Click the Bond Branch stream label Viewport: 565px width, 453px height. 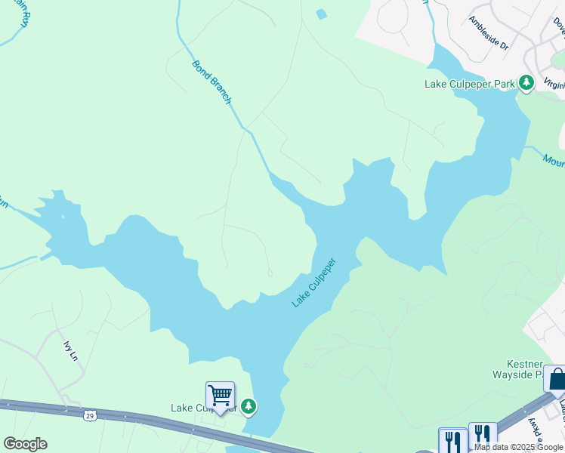pyautogui.click(x=211, y=82)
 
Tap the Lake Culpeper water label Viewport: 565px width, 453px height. pyautogui.click(x=313, y=282)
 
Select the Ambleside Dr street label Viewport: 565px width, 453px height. pyautogui.click(x=489, y=33)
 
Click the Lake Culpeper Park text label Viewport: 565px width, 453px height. pyautogui.click(x=469, y=84)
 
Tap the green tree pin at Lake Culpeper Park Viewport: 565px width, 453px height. pyautogui.click(x=526, y=83)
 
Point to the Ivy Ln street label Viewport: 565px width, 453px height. pyautogui.click(x=70, y=350)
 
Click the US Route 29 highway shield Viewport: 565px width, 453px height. pyautogui.click(x=90, y=415)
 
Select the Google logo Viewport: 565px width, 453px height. pyautogui.click(x=25, y=444)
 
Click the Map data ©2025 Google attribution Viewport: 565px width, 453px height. pyautogui.click(x=518, y=447)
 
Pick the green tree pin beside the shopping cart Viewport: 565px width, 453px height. pyautogui.click(x=248, y=408)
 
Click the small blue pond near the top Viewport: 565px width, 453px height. pyautogui.click(x=322, y=14)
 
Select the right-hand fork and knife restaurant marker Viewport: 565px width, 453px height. pyautogui.click(x=483, y=436)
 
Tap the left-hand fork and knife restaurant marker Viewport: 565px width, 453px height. pyautogui.click(x=452, y=440)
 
